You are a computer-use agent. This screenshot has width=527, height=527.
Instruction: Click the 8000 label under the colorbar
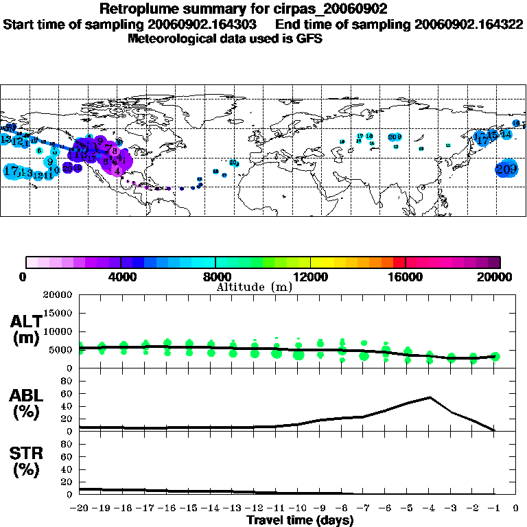point(215,277)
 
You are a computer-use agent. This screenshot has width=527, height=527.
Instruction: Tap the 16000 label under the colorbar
point(406,277)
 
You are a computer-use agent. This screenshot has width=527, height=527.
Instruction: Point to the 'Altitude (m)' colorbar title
point(254,287)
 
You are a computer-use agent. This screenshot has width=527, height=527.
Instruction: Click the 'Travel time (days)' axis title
point(300,521)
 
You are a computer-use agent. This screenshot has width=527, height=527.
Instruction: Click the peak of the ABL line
point(430,397)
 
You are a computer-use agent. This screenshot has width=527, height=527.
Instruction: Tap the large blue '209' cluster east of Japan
point(506,169)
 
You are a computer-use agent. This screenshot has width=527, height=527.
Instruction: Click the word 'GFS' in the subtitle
point(310,38)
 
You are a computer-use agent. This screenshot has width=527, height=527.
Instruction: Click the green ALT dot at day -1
point(495,356)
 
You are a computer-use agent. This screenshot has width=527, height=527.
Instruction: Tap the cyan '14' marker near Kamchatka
point(506,134)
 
